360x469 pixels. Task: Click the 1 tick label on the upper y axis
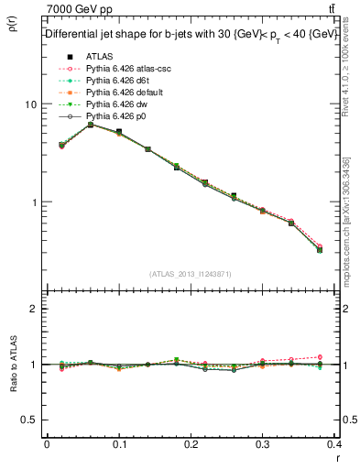(34, 202)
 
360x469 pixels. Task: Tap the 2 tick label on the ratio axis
(34, 309)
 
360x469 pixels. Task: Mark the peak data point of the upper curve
(90, 125)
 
